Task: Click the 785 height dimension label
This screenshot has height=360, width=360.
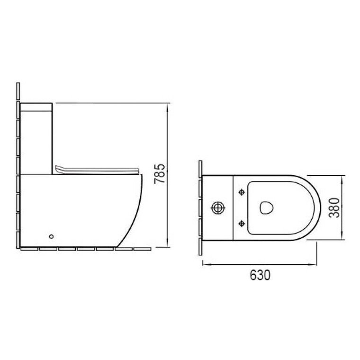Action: (160, 173)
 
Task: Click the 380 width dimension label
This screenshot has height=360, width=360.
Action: (334, 207)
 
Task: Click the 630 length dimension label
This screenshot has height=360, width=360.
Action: (260, 275)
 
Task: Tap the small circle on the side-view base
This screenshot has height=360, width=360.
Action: (52, 236)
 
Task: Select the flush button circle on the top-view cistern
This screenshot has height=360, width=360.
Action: (217, 208)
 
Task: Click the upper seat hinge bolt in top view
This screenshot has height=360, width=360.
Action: (242, 192)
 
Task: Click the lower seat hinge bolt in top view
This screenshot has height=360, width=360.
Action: (242, 223)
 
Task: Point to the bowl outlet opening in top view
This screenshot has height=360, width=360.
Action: (266, 207)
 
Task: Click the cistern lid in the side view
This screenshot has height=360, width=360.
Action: (36, 107)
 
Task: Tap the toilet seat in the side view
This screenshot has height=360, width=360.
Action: (98, 170)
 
